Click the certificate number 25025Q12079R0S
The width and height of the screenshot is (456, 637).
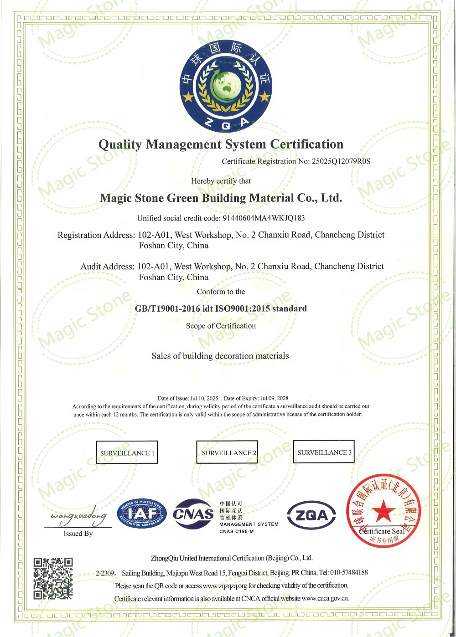point(341,161)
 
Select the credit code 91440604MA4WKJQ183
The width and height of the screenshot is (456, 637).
point(264,218)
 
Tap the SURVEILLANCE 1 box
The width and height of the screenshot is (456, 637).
point(127,452)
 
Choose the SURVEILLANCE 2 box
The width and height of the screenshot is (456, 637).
point(227,452)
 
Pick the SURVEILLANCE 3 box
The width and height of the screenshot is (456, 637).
point(324,452)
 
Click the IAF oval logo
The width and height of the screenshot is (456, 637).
point(142,514)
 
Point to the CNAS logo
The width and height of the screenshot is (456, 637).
point(193,514)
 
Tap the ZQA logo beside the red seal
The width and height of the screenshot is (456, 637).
point(311,515)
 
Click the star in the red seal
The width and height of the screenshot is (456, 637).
point(383,510)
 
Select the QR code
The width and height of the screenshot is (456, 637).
point(53,578)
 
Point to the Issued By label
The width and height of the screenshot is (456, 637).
point(78,534)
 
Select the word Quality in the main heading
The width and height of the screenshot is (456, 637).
point(120,144)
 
